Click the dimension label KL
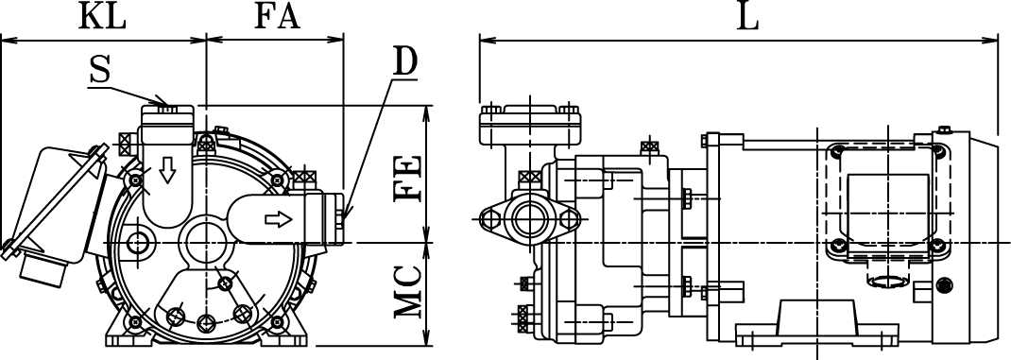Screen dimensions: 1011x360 pos(102,17)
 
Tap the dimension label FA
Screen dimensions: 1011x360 pos(277,17)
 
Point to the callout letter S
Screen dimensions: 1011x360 pos(100,71)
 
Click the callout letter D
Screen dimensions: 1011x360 pos(405,61)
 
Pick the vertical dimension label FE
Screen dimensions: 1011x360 pos(409,178)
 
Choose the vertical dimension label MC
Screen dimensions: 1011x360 pos(409,292)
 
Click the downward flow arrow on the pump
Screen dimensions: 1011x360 pos(167,170)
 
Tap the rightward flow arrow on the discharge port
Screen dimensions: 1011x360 pos(279,219)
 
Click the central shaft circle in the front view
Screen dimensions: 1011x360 pos(206,243)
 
